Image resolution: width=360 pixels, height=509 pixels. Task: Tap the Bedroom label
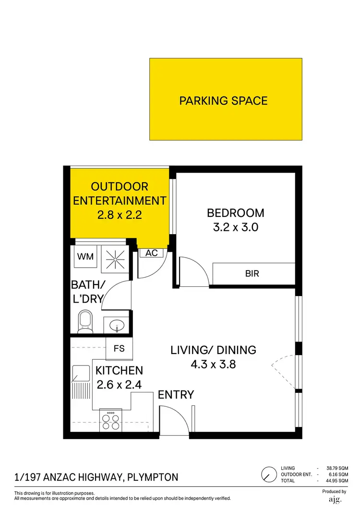[235, 213]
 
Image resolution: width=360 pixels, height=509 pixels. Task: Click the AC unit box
[152, 253]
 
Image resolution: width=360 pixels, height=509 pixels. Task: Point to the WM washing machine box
[86, 257]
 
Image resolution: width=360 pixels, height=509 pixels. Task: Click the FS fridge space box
[119, 349]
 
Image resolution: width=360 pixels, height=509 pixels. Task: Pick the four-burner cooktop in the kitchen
[111, 420]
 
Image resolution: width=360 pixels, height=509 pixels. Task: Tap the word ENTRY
[176, 395]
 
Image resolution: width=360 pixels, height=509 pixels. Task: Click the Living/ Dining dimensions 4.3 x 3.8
[214, 364]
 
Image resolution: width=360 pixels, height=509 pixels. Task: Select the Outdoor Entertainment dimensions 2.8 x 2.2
[119, 215]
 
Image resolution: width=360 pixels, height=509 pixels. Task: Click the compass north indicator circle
[268, 475]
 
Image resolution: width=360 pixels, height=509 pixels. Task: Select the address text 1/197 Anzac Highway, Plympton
[96, 477]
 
